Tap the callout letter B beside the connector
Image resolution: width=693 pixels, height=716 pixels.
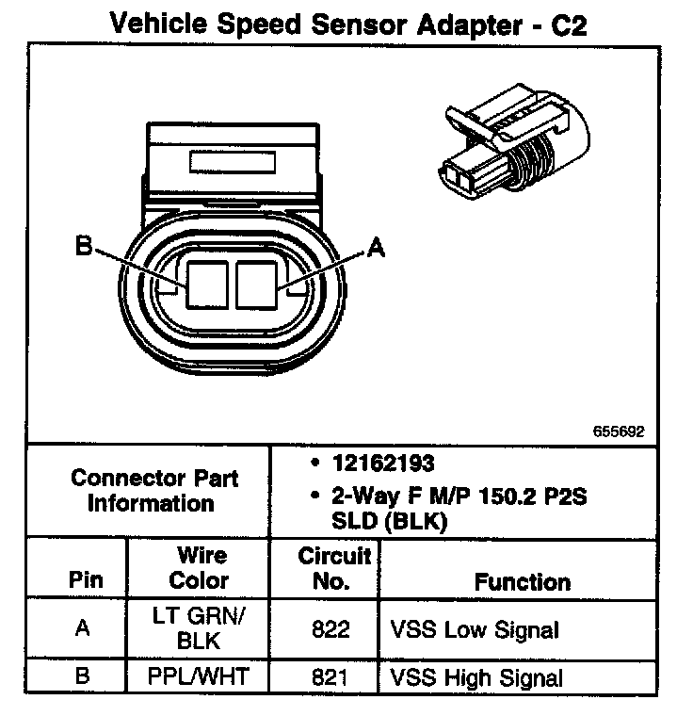pos(84,247)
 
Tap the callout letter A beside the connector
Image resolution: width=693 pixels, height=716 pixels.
pos(376,247)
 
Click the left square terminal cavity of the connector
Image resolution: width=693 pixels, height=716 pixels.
pos(207,284)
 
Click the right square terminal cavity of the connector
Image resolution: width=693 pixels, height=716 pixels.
pos(258,284)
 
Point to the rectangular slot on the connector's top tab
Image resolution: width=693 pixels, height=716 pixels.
pos(230,161)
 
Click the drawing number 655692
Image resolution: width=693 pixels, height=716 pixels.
pos(619,432)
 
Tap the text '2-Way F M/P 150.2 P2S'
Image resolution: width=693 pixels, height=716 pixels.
pos(459,496)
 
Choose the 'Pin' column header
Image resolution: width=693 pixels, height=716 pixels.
pos(86,580)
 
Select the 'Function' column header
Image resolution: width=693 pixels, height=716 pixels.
pos(522,581)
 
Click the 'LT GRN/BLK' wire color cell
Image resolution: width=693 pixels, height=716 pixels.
pos(198,628)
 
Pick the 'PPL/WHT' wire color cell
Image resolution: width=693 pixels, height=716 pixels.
pos(199,675)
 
